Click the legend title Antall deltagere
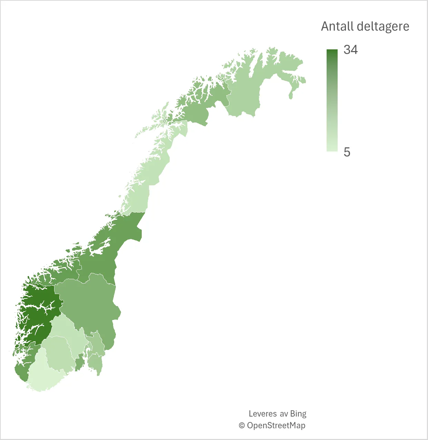(365, 27)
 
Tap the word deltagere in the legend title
(383, 27)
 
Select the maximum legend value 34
(350, 50)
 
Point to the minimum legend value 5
(347, 152)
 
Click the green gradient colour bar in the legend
(332, 100)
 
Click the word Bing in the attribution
(298, 413)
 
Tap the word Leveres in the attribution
(263, 413)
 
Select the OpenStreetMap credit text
(276, 425)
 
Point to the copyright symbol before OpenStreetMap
(242, 426)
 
